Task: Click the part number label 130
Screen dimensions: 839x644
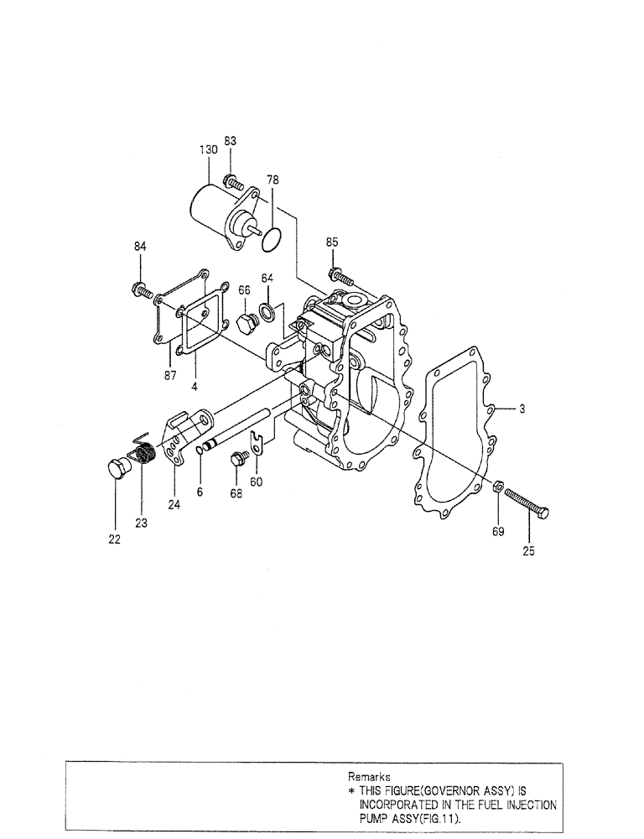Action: (x=208, y=149)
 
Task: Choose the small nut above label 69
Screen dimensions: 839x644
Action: (x=496, y=486)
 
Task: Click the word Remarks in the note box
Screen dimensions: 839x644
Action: (x=369, y=778)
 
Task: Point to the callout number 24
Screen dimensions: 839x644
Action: (x=174, y=505)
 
